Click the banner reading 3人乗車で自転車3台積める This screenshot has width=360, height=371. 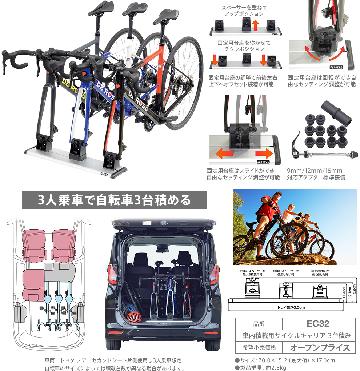(x=114, y=200)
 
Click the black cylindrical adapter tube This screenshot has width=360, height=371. (x=336, y=112)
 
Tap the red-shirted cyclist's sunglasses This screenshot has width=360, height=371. (x=278, y=195)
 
